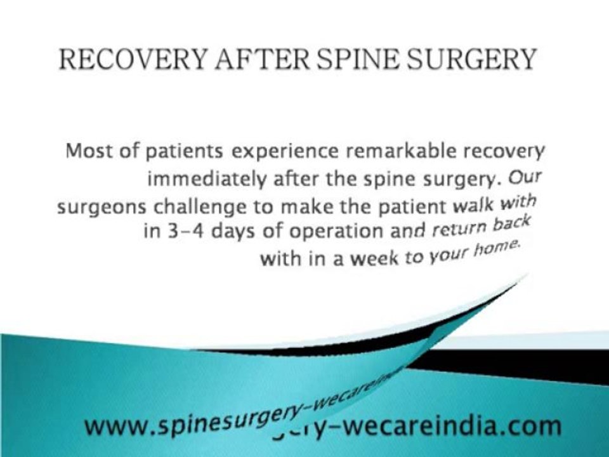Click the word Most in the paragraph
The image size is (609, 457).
pos(88,152)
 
